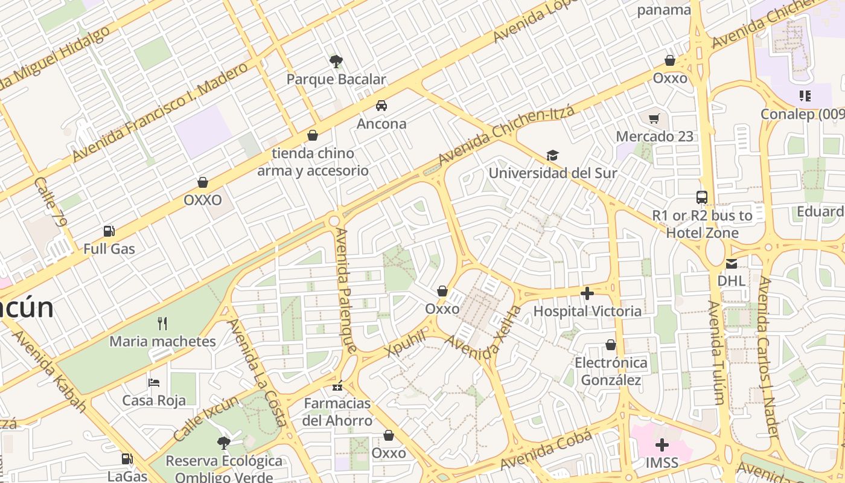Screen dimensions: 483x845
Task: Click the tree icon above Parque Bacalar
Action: (336, 61)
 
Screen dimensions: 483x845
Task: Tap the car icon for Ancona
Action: (381, 106)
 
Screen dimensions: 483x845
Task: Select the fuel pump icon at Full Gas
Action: (109, 231)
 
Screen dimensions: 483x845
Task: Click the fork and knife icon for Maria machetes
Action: (162, 323)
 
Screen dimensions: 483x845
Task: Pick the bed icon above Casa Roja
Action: (154, 383)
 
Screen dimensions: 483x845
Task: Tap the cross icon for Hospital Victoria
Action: (587, 293)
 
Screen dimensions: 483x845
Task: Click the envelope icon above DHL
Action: (732, 263)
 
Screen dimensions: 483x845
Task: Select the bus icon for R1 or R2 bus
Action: (702, 197)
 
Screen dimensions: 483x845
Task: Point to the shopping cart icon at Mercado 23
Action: (654, 118)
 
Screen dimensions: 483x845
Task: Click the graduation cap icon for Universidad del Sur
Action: (552, 156)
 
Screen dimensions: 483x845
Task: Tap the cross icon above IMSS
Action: (662, 446)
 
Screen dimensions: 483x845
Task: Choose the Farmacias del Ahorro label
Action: (337, 412)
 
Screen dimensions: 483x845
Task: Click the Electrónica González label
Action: (611, 371)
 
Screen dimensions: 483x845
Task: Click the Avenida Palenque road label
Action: (346, 290)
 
